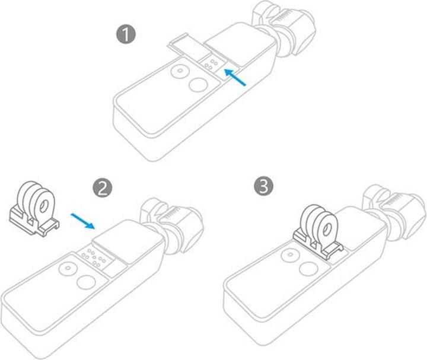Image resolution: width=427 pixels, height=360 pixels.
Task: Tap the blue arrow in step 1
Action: [x=235, y=78]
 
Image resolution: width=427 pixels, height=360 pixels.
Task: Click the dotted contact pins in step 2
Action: [x=94, y=256]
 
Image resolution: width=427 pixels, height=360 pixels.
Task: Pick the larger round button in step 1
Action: [x=195, y=85]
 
